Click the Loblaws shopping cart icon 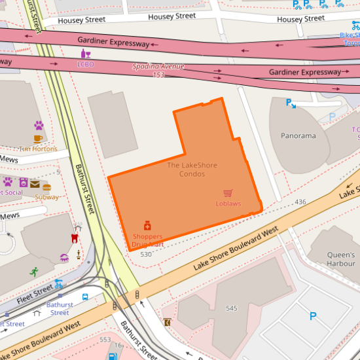coord(228,193)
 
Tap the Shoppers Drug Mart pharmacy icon coord(147,225)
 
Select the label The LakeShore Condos coord(192,170)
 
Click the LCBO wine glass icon coord(86,54)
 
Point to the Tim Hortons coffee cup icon coord(39,139)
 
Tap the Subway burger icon coord(47,187)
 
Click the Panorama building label coord(298,136)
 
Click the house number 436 coord(300,202)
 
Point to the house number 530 coord(146,253)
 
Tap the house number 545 coord(231,308)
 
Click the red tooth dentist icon coord(74,238)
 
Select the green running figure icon coord(33,271)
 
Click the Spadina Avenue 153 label coord(158,71)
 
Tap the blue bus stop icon coord(86,297)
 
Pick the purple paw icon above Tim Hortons coord(39,125)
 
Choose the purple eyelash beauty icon coord(64,257)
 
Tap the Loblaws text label coord(228,204)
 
